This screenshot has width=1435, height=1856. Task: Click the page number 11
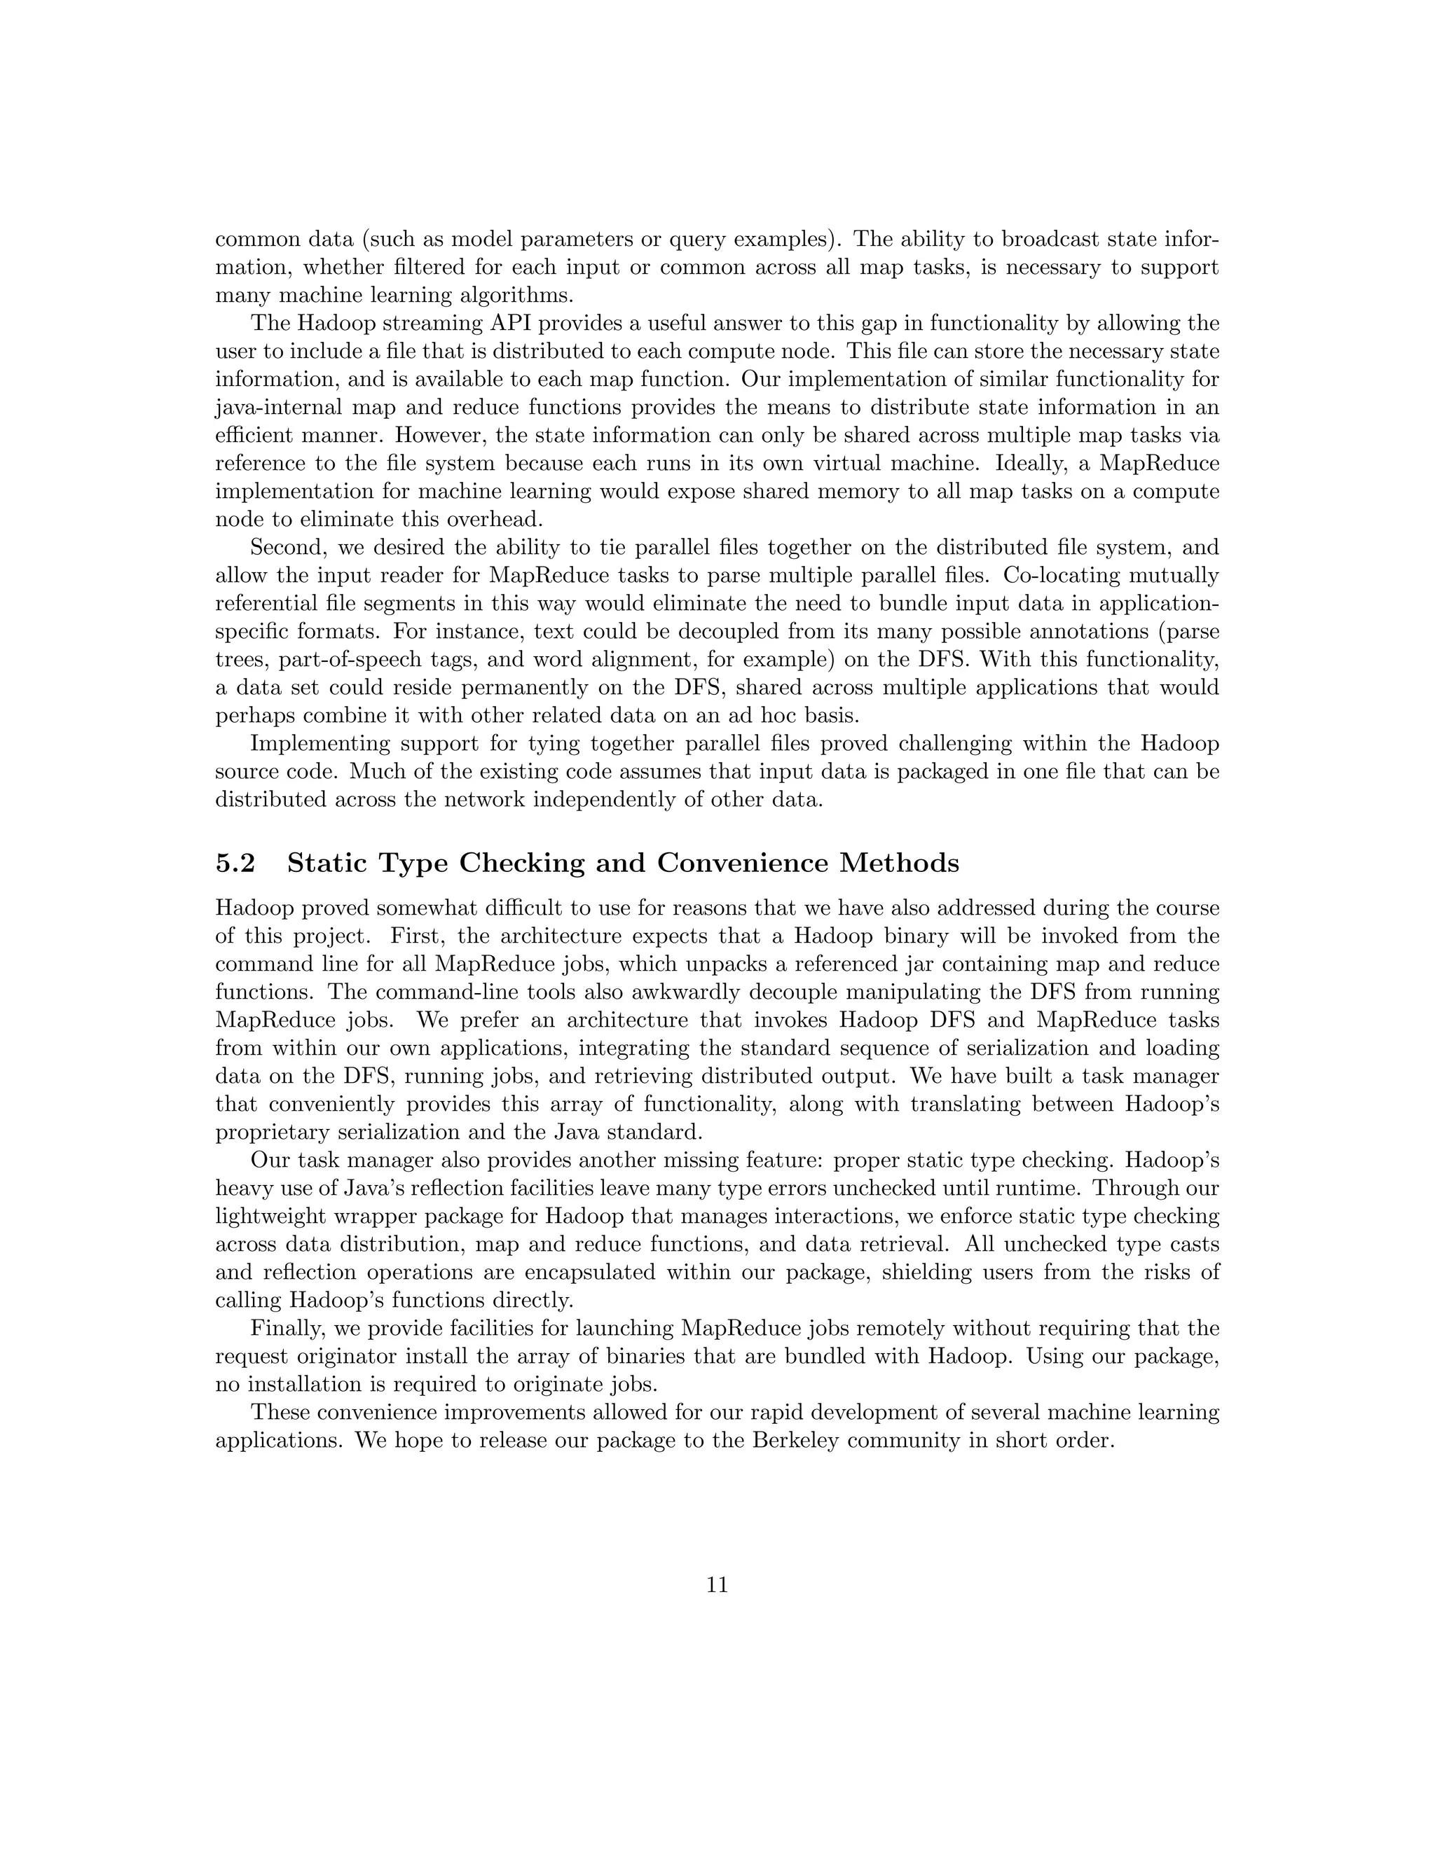tap(717, 1586)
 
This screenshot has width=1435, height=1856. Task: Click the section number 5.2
tap(235, 864)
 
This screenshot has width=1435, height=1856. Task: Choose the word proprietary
tap(272, 1133)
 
